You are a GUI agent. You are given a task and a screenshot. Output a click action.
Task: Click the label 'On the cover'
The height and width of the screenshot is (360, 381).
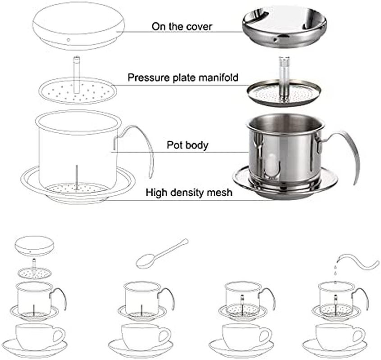(182, 27)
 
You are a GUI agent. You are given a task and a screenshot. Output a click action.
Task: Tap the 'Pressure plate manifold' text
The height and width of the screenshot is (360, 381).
(183, 78)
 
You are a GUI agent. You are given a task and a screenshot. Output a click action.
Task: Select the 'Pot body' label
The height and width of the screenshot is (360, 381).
(187, 145)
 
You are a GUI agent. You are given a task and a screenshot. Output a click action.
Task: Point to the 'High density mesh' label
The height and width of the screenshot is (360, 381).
(189, 193)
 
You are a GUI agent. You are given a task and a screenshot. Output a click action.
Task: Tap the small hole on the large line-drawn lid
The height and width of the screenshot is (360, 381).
(69, 40)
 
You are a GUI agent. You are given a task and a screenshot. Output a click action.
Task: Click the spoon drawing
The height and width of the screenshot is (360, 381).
(161, 254)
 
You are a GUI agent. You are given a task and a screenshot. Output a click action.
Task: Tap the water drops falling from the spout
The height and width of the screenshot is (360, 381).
(335, 270)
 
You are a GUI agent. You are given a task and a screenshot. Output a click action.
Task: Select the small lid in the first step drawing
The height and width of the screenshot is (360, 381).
(34, 246)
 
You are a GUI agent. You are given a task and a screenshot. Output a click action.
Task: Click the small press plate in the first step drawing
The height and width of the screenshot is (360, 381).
(35, 272)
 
